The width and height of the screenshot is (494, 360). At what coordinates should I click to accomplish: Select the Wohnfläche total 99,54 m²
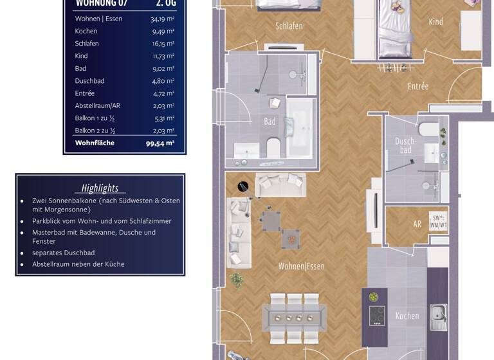tap(160, 143)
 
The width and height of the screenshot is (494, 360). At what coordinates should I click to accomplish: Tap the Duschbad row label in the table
tap(89, 81)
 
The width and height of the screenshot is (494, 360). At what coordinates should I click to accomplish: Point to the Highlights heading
tap(100, 188)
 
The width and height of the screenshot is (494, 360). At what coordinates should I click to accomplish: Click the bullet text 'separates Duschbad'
tap(63, 253)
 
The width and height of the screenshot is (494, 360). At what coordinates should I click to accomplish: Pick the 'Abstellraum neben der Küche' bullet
tap(78, 264)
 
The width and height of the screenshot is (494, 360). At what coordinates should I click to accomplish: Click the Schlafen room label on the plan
tap(289, 26)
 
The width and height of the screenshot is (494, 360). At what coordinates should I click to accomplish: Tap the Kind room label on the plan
tap(435, 22)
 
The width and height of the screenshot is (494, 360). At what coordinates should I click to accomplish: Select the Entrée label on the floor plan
tap(417, 86)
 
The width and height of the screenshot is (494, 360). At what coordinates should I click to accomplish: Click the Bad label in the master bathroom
tap(270, 121)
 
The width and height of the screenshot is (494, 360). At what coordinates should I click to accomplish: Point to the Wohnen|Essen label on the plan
tap(301, 266)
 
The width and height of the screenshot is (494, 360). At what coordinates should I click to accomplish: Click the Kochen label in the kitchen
tap(407, 316)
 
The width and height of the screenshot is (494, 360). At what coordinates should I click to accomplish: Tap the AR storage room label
tap(417, 224)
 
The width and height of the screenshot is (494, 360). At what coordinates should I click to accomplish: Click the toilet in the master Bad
tap(273, 147)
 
